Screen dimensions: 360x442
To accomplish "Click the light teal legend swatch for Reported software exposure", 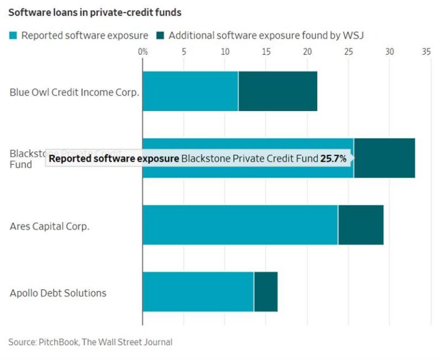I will coord(13,36).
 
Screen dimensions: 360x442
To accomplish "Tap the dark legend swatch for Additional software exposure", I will coord(159,36).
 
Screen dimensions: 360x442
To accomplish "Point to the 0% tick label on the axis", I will coord(143,52).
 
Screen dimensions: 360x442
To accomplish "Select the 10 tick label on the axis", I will coord(225,52).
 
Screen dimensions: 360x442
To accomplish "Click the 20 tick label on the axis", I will coord(307,52).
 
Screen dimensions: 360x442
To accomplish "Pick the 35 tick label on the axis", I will coord(426,52).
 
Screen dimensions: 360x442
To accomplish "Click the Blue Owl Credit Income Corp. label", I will coord(74,92).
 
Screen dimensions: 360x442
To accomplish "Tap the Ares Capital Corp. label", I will coord(49,226).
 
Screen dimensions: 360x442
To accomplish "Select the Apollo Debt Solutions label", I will coord(58,293).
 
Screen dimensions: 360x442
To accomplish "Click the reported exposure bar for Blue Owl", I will coord(190,92).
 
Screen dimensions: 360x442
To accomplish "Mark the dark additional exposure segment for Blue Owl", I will coord(277,92).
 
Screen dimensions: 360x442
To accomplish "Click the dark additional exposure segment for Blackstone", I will coord(384,158).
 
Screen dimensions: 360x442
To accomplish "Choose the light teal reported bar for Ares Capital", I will coord(240,225).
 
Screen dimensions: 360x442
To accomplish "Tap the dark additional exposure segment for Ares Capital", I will coord(361,225).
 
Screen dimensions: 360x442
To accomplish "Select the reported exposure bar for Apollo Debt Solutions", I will coord(198,292).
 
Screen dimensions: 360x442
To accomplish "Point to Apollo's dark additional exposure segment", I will coord(266,292).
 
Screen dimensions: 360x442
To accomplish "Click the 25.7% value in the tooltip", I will coord(333,158).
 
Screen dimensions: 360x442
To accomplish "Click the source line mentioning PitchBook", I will coord(90,342).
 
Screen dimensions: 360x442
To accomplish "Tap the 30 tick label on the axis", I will coord(390,52).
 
